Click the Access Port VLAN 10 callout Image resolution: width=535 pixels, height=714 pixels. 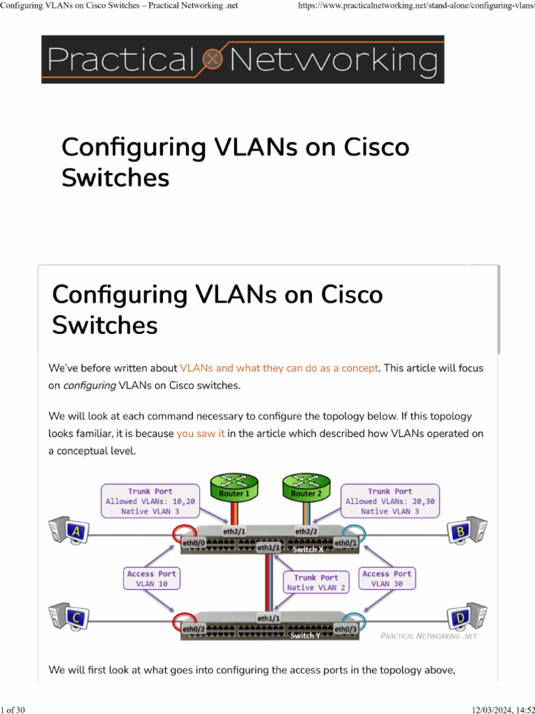click(152, 579)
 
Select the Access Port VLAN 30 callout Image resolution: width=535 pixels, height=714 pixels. click(387, 579)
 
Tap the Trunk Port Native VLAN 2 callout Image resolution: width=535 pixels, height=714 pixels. click(316, 582)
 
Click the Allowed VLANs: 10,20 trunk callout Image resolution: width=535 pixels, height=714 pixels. click(150, 501)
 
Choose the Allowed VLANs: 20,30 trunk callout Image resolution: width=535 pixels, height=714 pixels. click(389, 501)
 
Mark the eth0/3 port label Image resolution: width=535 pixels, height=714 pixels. click(346, 629)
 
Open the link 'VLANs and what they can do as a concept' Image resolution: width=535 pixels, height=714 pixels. click(279, 367)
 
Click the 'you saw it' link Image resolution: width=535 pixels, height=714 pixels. click(201, 433)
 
